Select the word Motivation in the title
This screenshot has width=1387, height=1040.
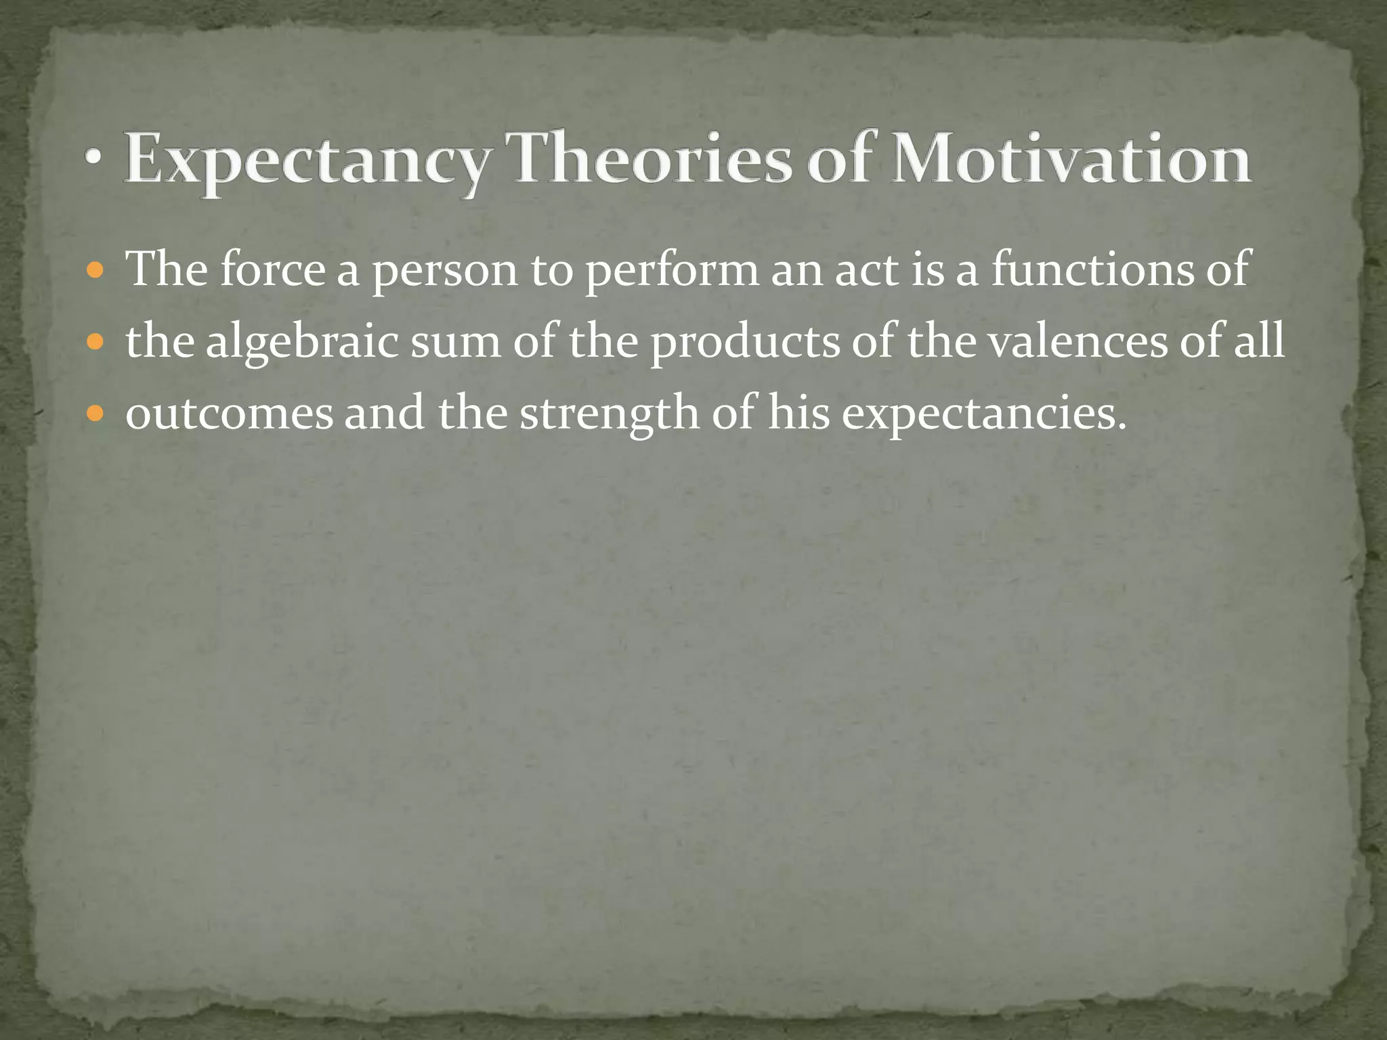click(1071, 158)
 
